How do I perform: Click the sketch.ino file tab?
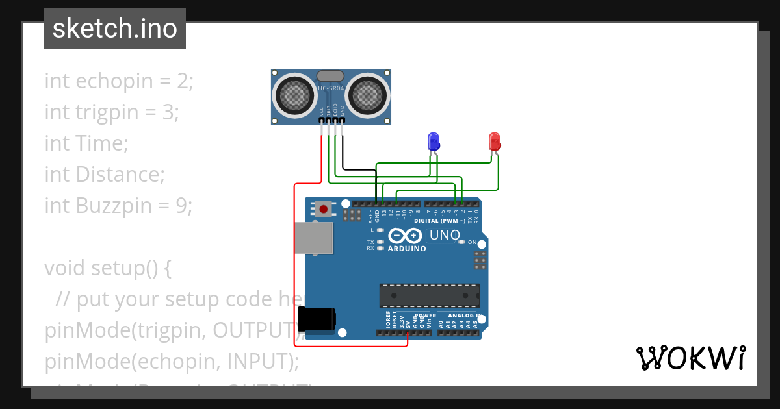(115, 29)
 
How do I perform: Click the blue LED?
(433, 141)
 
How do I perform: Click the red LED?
(494, 141)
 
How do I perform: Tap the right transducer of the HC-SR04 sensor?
(369, 95)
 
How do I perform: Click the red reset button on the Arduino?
(323, 209)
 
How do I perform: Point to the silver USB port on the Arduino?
(314, 238)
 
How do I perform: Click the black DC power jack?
(317, 319)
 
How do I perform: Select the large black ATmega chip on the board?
(430, 295)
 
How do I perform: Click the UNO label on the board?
(445, 235)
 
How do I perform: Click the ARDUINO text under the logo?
(407, 249)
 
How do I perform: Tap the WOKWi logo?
(690, 358)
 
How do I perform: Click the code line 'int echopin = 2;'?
(119, 81)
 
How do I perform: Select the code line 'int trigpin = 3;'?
(111, 112)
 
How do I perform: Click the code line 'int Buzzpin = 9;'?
(118, 206)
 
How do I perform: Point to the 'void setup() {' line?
(107, 268)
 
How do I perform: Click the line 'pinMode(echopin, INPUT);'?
(172, 361)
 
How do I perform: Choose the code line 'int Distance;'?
(104, 175)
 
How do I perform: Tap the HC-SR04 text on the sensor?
(331, 88)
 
